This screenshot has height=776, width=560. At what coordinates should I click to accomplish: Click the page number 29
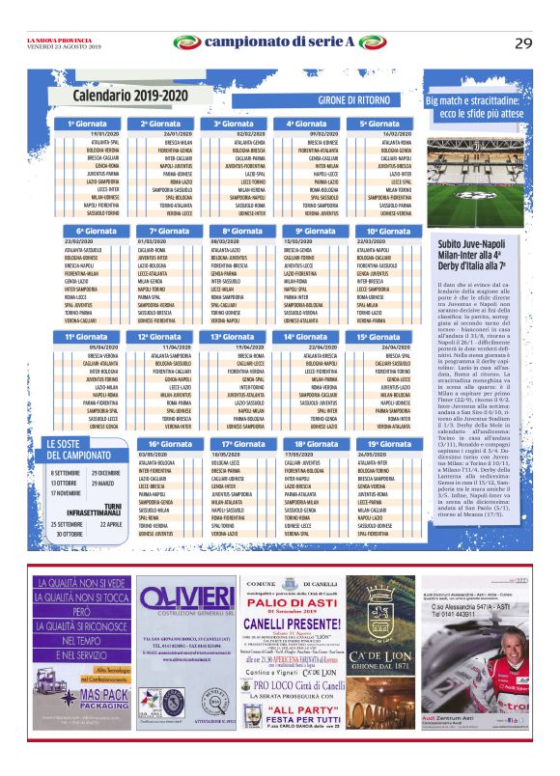pyautogui.click(x=523, y=42)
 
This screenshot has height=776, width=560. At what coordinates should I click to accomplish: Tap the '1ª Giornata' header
pyautogui.click(x=85, y=124)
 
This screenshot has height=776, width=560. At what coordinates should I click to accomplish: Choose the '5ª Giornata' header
pyautogui.click(x=377, y=124)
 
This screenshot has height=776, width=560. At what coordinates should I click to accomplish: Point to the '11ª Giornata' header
pyautogui.click(x=85, y=337)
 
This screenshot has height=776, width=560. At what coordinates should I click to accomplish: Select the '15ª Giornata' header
pyautogui.click(x=377, y=337)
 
